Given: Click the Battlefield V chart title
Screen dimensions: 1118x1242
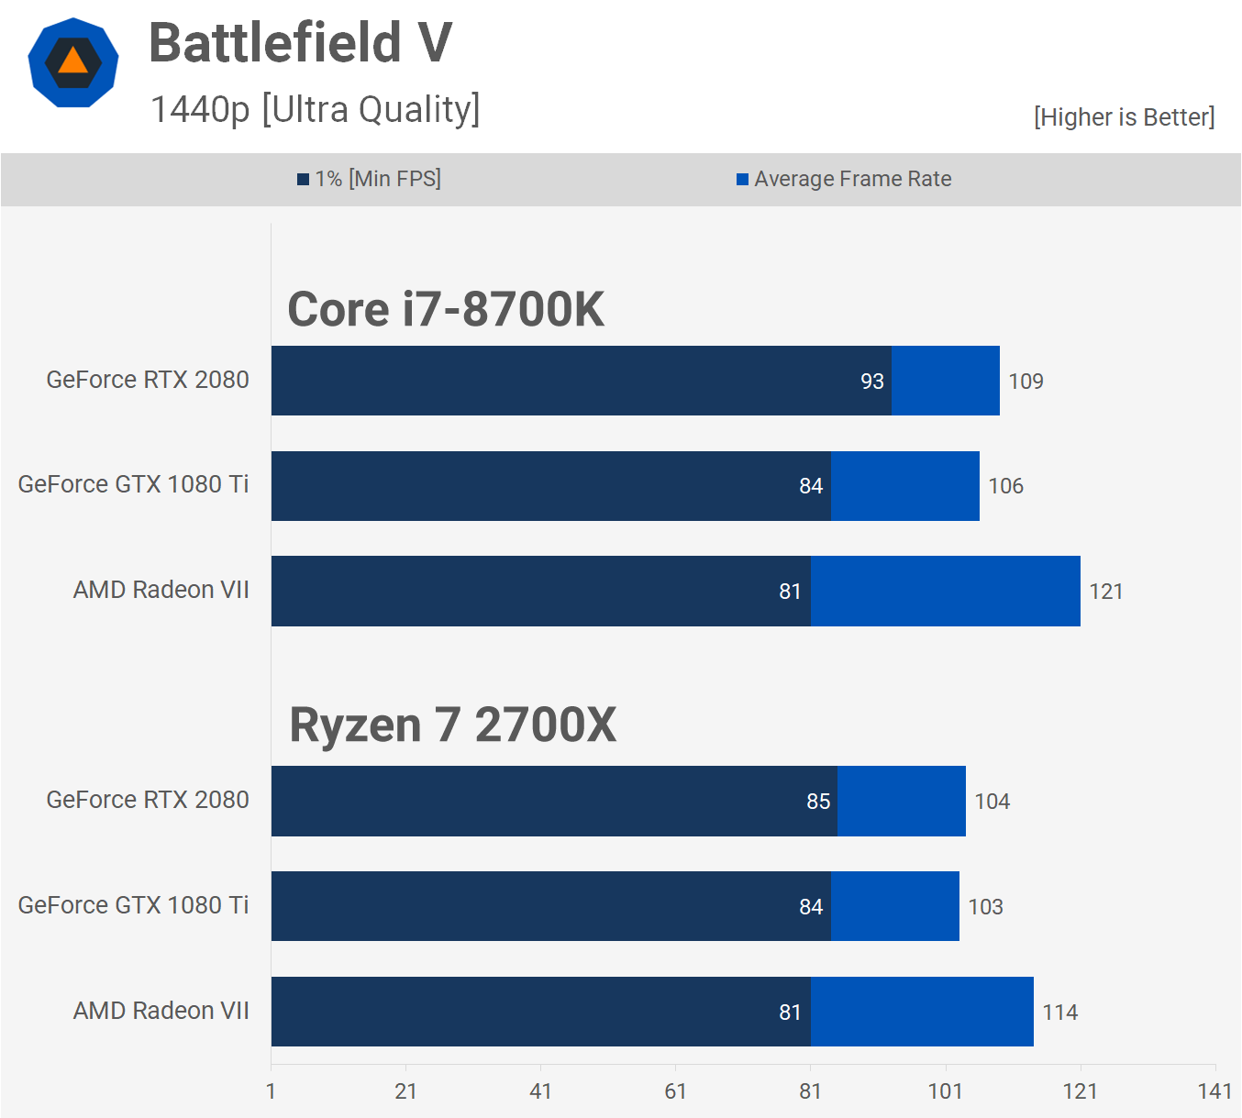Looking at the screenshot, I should pyautogui.click(x=300, y=43).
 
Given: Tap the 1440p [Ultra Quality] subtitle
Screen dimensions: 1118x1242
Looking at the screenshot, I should pyautogui.click(x=315, y=109).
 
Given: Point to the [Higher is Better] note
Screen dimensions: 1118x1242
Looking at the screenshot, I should pyautogui.click(x=1124, y=117).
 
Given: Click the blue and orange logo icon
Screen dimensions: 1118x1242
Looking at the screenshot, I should pyautogui.click(x=73, y=62).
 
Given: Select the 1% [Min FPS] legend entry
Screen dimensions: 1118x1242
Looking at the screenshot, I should pyautogui.click(x=369, y=179).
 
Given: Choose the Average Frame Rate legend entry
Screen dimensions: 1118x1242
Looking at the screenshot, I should pyautogui.click(x=844, y=179).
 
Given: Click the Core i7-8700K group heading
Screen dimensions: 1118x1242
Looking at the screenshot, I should pyautogui.click(x=446, y=309).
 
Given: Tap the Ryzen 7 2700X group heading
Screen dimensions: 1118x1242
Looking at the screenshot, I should pyautogui.click(x=452, y=725).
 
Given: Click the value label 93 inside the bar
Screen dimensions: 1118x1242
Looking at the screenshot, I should pyautogui.click(x=872, y=382).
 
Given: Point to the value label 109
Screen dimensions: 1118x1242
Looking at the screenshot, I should pyautogui.click(x=1026, y=382).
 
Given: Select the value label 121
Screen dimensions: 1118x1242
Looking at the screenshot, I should pyautogui.click(x=1105, y=592).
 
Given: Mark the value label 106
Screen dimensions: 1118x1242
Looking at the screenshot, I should pyautogui.click(x=1005, y=486).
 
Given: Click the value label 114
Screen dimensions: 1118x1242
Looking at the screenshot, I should pyautogui.click(x=1059, y=1013).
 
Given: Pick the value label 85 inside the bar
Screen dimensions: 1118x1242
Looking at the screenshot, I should pyautogui.click(x=818, y=802).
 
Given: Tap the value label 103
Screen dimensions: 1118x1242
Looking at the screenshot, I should pyautogui.click(x=985, y=907).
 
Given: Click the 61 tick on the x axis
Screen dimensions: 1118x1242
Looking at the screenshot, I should pyautogui.click(x=675, y=1091).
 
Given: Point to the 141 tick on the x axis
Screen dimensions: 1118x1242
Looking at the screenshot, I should pyautogui.click(x=1214, y=1091).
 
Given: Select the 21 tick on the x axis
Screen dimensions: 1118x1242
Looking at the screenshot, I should pyautogui.click(x=405, y=1091).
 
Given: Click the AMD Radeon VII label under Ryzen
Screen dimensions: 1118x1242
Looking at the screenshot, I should pyautogui.click(x=161, y=1011).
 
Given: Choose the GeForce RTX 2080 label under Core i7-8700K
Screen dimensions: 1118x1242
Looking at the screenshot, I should pyautogui.click(x=148, y=380).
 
